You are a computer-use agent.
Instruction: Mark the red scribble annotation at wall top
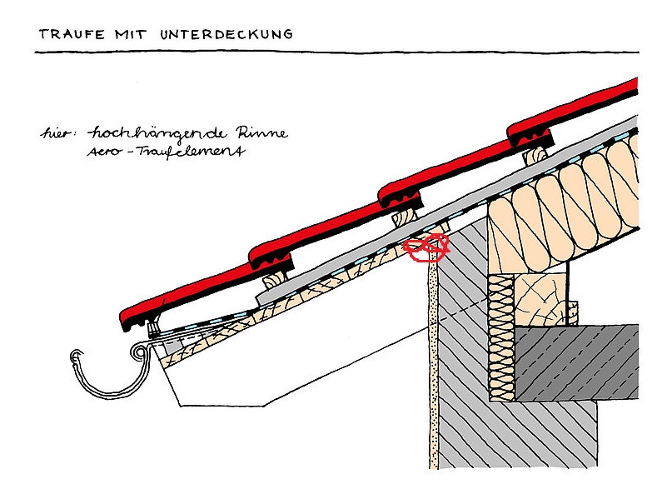[x=426, y=247]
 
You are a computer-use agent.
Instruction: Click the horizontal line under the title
[x=333, y=52]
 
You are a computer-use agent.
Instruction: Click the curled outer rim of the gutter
[x=72, y=359]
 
